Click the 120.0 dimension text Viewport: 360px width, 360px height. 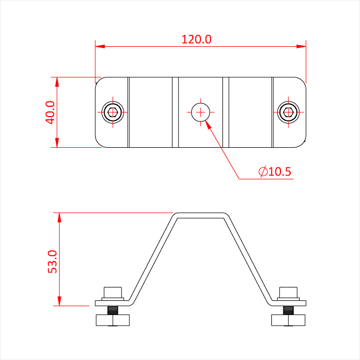(x=196, y=39)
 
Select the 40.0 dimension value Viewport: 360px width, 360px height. (x=51, y=112)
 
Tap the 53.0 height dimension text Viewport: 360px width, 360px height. (x=52, y=262)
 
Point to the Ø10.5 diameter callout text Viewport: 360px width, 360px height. (x=275, y=171)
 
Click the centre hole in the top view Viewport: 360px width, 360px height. (x=200, y=112)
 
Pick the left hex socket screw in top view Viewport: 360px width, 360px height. (x=113, y=112)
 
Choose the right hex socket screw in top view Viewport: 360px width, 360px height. (x=289, y=112)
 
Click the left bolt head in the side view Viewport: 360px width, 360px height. (x=113, y=294)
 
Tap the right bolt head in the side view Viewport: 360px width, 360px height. (x=289, y=294)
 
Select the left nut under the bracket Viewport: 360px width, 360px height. (x=113, y=320)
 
